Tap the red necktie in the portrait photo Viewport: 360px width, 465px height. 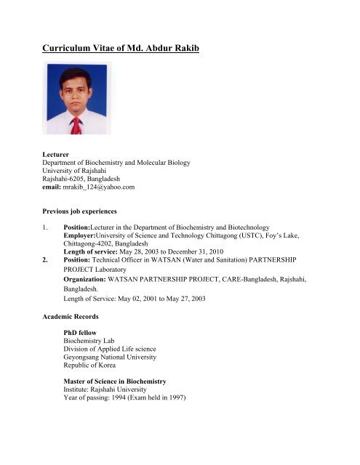pyautogui.click(x=76, y=124)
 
